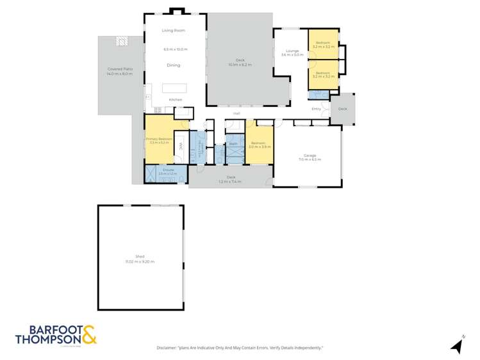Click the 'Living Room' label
tap(173, 30)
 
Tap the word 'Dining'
tap(173, 65)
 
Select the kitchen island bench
tap(174, 88)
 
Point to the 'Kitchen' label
tap(175, 100)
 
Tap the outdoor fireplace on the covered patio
tap(122, 41)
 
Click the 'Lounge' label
tap(292, 51)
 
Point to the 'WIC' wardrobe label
tap(181, 146)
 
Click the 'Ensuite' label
tap(168, 170)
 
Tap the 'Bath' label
tap(233, 143)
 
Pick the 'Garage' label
tap(310, 156)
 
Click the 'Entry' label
tap(316, 109)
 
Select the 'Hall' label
tap(236, 113)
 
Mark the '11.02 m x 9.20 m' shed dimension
tap(140, 261)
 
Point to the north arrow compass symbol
tap(458, 345)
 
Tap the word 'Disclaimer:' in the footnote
tap(170, 348)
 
